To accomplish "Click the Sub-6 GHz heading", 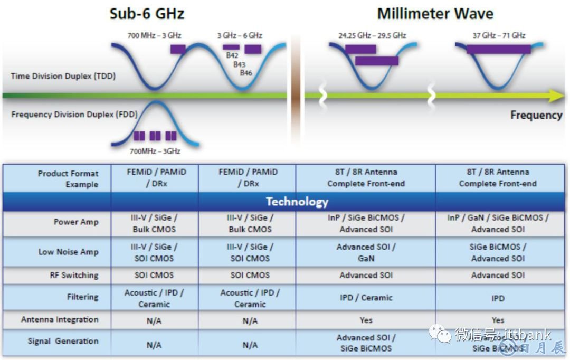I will pos(147,13).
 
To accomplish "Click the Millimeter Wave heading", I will pos(435,13).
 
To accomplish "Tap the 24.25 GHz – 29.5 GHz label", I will pos(372,36).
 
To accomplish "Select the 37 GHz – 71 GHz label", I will pos(499,36).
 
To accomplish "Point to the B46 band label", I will pos(246,73).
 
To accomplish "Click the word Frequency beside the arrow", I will pos(536,115).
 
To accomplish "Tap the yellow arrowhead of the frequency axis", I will pos(556,96).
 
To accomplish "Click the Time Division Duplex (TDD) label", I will pos(63,76).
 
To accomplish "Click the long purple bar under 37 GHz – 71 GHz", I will pos(498,49).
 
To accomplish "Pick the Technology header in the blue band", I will pos(297,202).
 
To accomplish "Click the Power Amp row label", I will pos(76,222).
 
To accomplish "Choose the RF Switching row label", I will pos(74,276).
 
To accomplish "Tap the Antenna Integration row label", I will pos(60,320).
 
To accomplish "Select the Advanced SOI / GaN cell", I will pos(366,253).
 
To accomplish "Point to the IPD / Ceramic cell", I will pos(366,298).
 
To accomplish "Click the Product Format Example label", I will pos(68,179).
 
